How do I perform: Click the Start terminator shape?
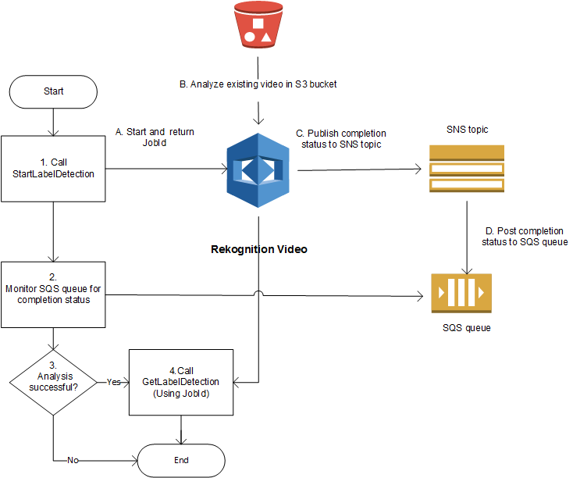(53, 91)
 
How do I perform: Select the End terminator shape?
(181, 460)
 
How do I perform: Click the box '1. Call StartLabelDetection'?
(53, 168)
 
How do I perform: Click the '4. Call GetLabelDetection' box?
(181, 381)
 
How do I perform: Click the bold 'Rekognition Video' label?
(259, 250)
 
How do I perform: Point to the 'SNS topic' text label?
(467, 129)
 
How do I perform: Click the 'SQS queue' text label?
(466, 328)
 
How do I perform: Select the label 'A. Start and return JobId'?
(154, 138)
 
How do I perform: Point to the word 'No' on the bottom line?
(73, 460)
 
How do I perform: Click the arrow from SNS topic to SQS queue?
(467, 234)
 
